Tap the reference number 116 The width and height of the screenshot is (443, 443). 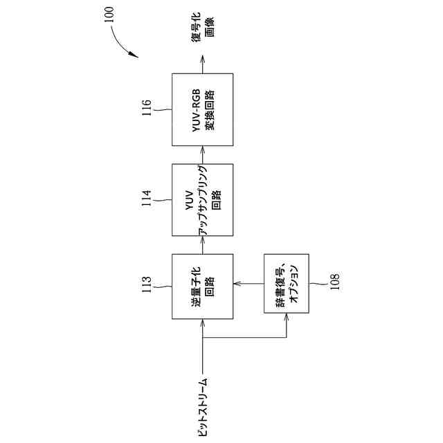pos(145,109)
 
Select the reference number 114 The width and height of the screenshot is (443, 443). pos(145,199)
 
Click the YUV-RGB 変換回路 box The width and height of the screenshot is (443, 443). pos(202,109)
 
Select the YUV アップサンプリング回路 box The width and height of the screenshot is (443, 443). pos(202,199)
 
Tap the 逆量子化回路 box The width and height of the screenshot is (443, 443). pos(202,287)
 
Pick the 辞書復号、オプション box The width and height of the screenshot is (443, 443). pos(287,287)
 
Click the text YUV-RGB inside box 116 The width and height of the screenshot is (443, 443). pos(196,109)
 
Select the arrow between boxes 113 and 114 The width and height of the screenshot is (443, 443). pos(202,244)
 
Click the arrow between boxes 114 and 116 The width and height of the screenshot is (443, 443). pos(202,154)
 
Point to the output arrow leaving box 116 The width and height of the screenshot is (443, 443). pos(202,66)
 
